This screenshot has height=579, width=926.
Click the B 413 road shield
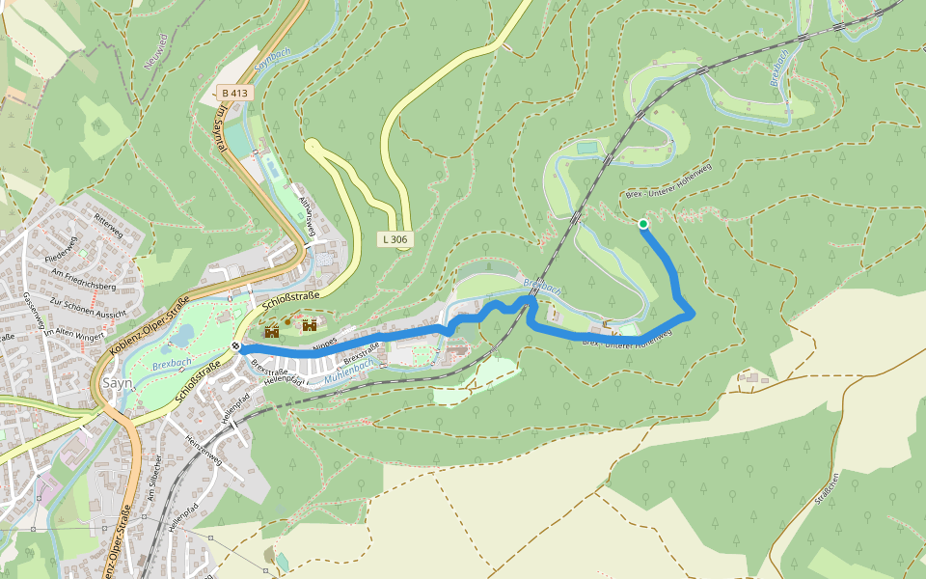(x=234, y=93)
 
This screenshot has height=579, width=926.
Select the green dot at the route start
(x=643, y=224)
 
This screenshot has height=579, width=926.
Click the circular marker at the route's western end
(x=236, y=347)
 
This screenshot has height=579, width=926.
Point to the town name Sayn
(x=117, y=382)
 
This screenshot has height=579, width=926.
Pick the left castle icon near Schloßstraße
(x=272, y=330)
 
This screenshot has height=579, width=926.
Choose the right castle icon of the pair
(x=310, y=326)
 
